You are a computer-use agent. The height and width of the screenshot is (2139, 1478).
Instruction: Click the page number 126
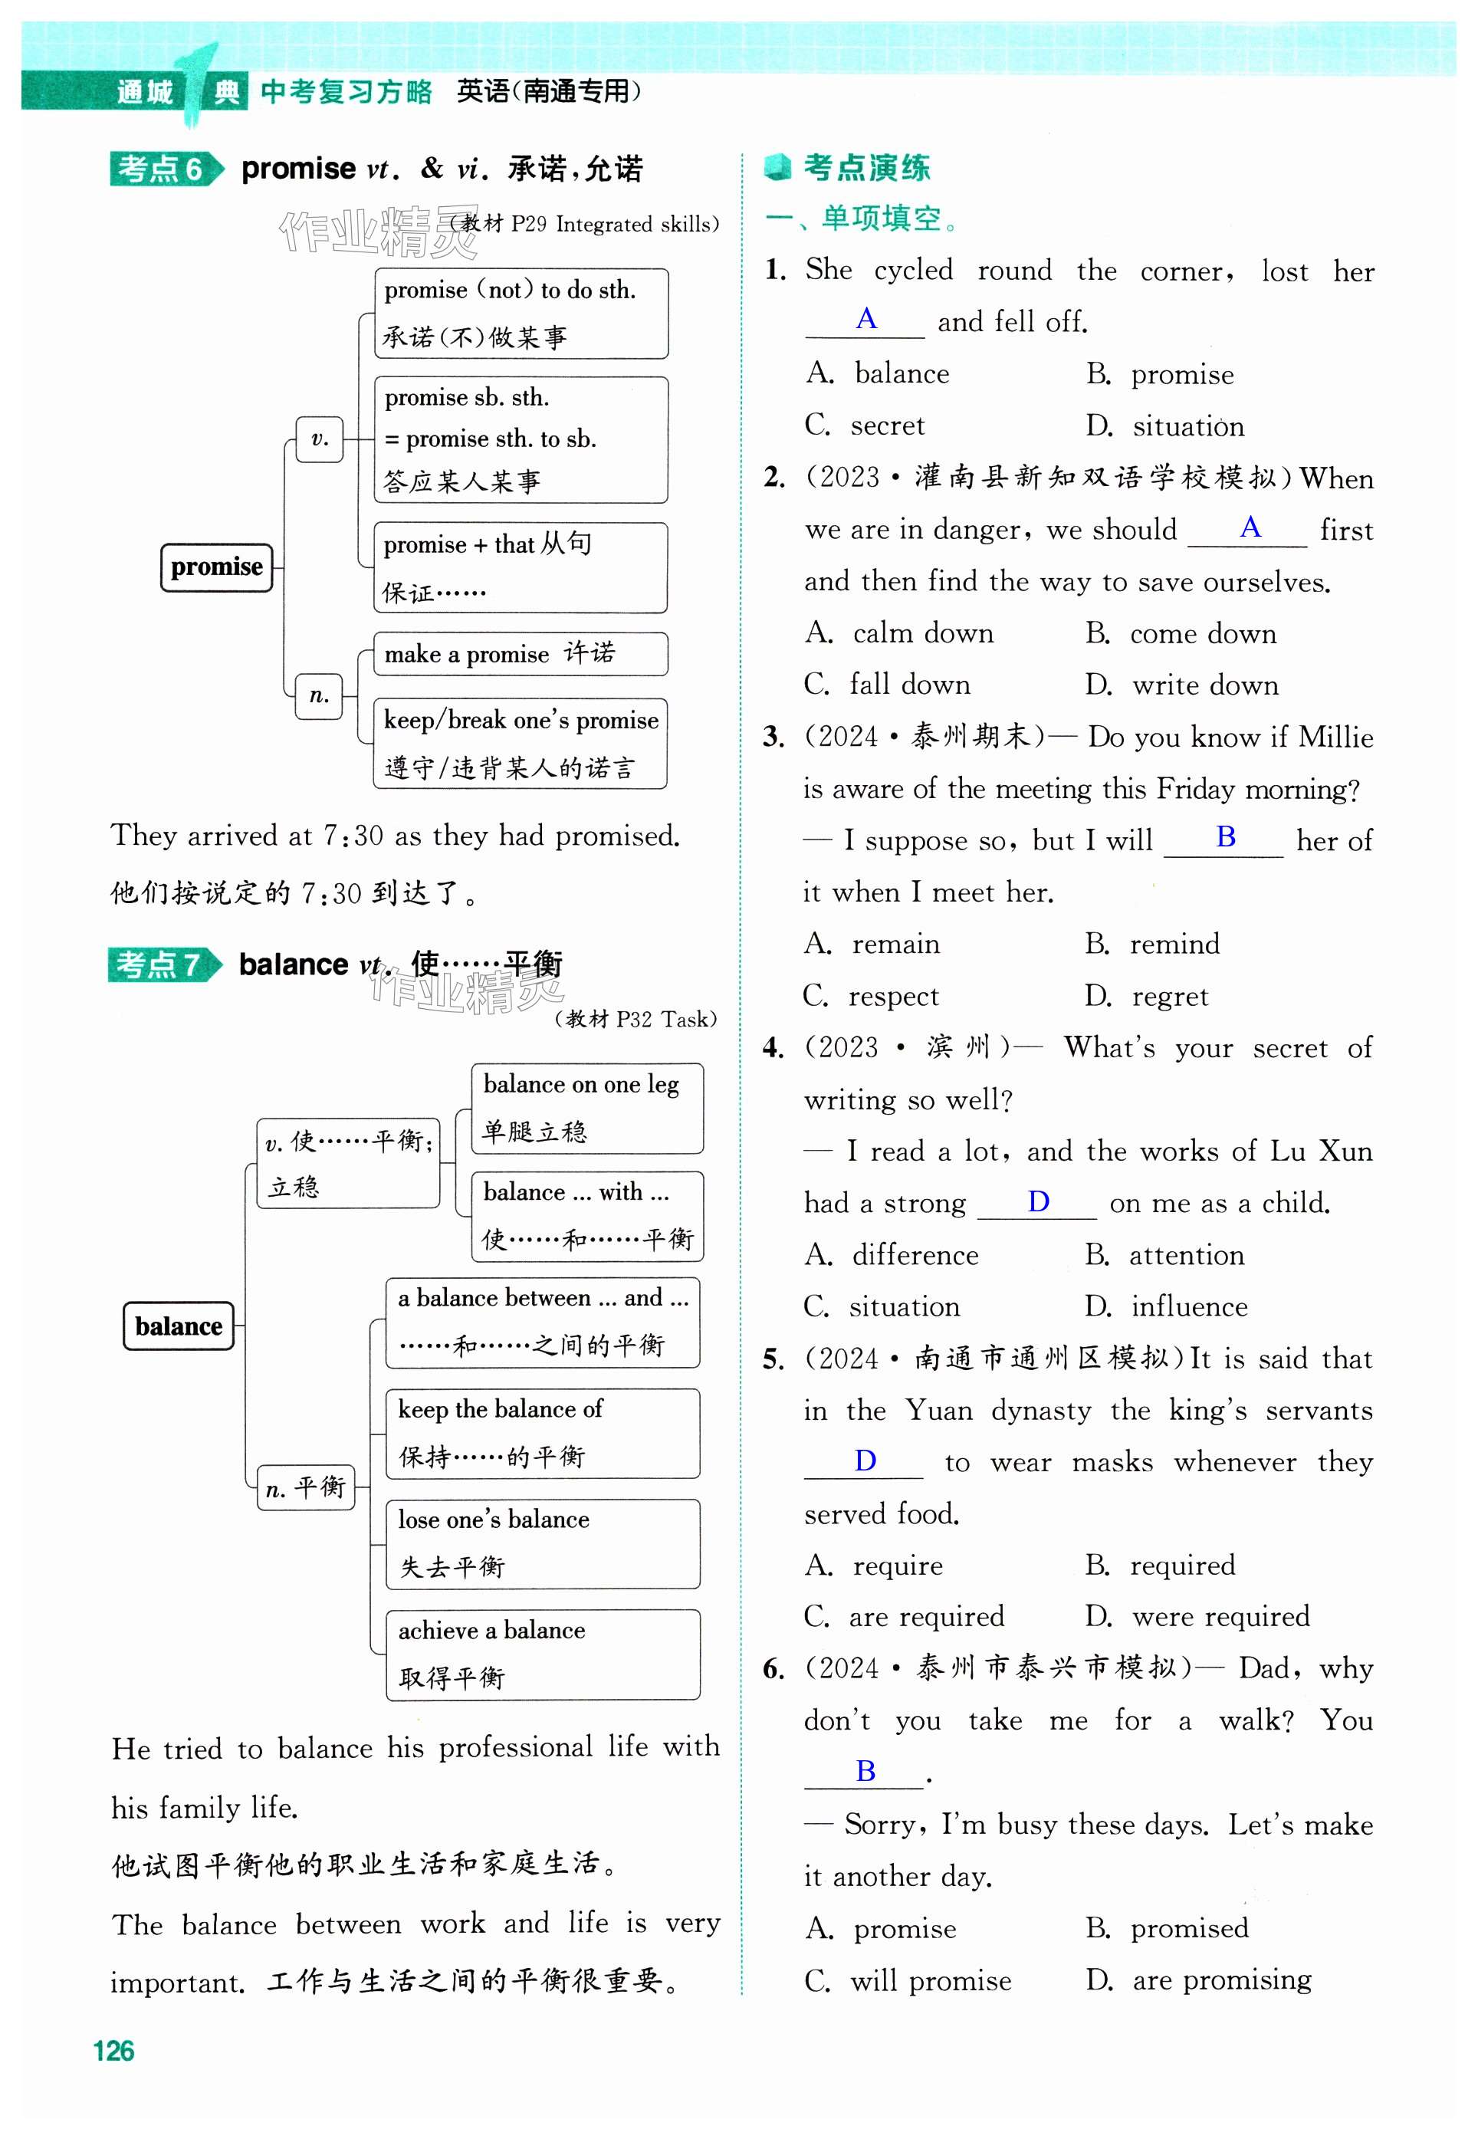click(x=114, y=2050)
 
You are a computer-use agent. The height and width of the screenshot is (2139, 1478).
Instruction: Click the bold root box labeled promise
click(x=217, y=567)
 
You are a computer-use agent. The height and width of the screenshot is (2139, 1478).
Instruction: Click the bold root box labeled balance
click(x=179, y=1326)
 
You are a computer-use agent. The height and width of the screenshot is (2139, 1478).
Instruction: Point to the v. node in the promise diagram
click(x=320, y=439)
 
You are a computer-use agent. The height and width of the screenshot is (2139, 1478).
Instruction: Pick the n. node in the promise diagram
click(x=320, y=695)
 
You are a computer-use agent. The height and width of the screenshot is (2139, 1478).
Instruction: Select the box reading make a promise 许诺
click(x=520, y=654)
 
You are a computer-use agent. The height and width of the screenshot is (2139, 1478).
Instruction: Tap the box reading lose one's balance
click(x=543, y=1543)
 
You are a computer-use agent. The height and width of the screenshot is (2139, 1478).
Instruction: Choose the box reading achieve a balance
click(x=543, y=1654)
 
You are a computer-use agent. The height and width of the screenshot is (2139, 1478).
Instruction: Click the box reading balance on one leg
click(x=587, y=1108)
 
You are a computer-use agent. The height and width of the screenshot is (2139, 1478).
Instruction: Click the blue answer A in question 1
click(x=865, y=318)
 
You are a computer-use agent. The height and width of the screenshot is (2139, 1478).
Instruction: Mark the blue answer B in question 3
click(x=1225, y=836)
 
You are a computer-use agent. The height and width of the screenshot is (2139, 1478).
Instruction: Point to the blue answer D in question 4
click(x=1038, y=1201)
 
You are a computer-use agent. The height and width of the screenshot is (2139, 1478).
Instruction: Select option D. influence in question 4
click(x=1167, y=1306)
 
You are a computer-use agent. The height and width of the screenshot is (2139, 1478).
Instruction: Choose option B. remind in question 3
click(x=1153, y=944)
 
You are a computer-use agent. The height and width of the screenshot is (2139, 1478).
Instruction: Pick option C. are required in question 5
click(x=905, y=1616)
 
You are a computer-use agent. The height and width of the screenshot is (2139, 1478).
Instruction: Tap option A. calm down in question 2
click(x=900, y=632)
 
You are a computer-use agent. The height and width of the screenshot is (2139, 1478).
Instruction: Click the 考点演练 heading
click(x=865, y=168)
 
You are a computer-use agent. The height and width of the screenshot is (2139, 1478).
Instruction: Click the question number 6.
click(x=773, y=1668)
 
